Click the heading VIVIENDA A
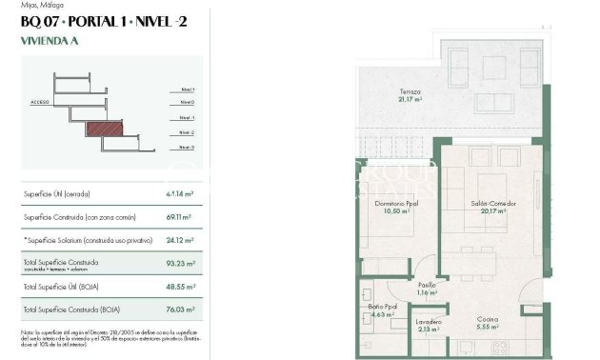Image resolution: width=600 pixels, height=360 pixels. click(50, 42)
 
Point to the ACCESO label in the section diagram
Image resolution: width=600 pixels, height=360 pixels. click(40, 100)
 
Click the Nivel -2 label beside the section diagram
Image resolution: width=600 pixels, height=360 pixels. click(187, 132)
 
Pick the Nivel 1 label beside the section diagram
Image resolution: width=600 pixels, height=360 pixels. click(187, 88)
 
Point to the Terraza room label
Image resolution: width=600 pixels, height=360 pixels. click(410, 93)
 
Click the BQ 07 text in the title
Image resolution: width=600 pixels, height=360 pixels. click(41, 23)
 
